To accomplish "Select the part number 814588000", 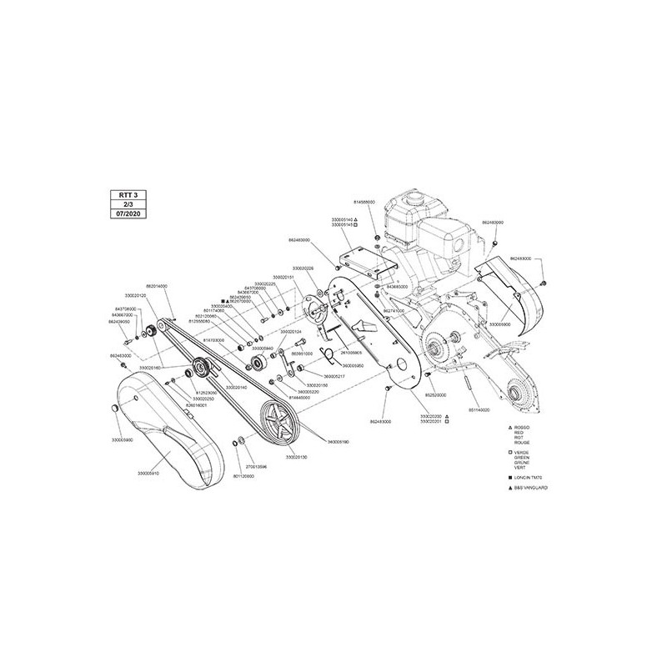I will [364, 203].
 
